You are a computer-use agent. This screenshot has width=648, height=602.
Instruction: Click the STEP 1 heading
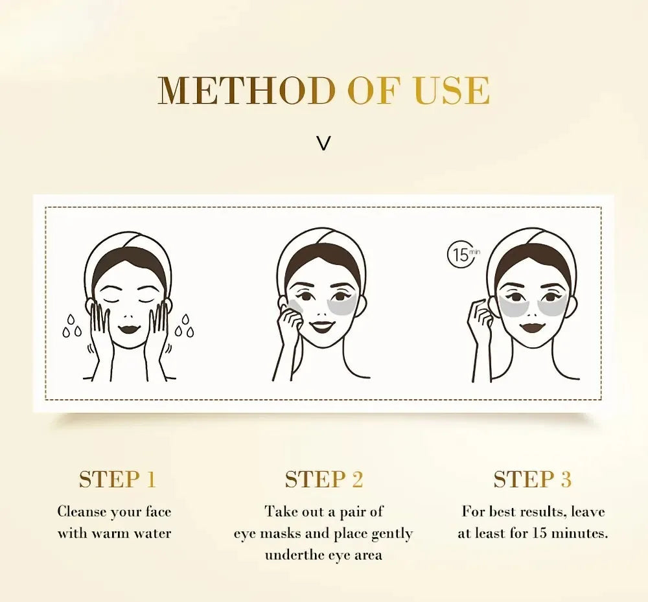[117, 480]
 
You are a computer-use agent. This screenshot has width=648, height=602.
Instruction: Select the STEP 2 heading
[324, 480]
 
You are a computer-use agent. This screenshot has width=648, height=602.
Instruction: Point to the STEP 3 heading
[532, 480]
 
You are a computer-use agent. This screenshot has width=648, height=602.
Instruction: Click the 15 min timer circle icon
[461, 254]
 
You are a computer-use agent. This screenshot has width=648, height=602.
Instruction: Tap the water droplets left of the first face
[71, 327]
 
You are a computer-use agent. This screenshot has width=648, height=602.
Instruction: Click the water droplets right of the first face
[185, 325]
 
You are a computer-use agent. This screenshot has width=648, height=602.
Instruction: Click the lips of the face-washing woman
[128, 329]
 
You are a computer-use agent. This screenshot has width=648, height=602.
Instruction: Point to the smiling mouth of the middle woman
[322, 325]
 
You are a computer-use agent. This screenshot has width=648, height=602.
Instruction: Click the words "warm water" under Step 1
[130, 534]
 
